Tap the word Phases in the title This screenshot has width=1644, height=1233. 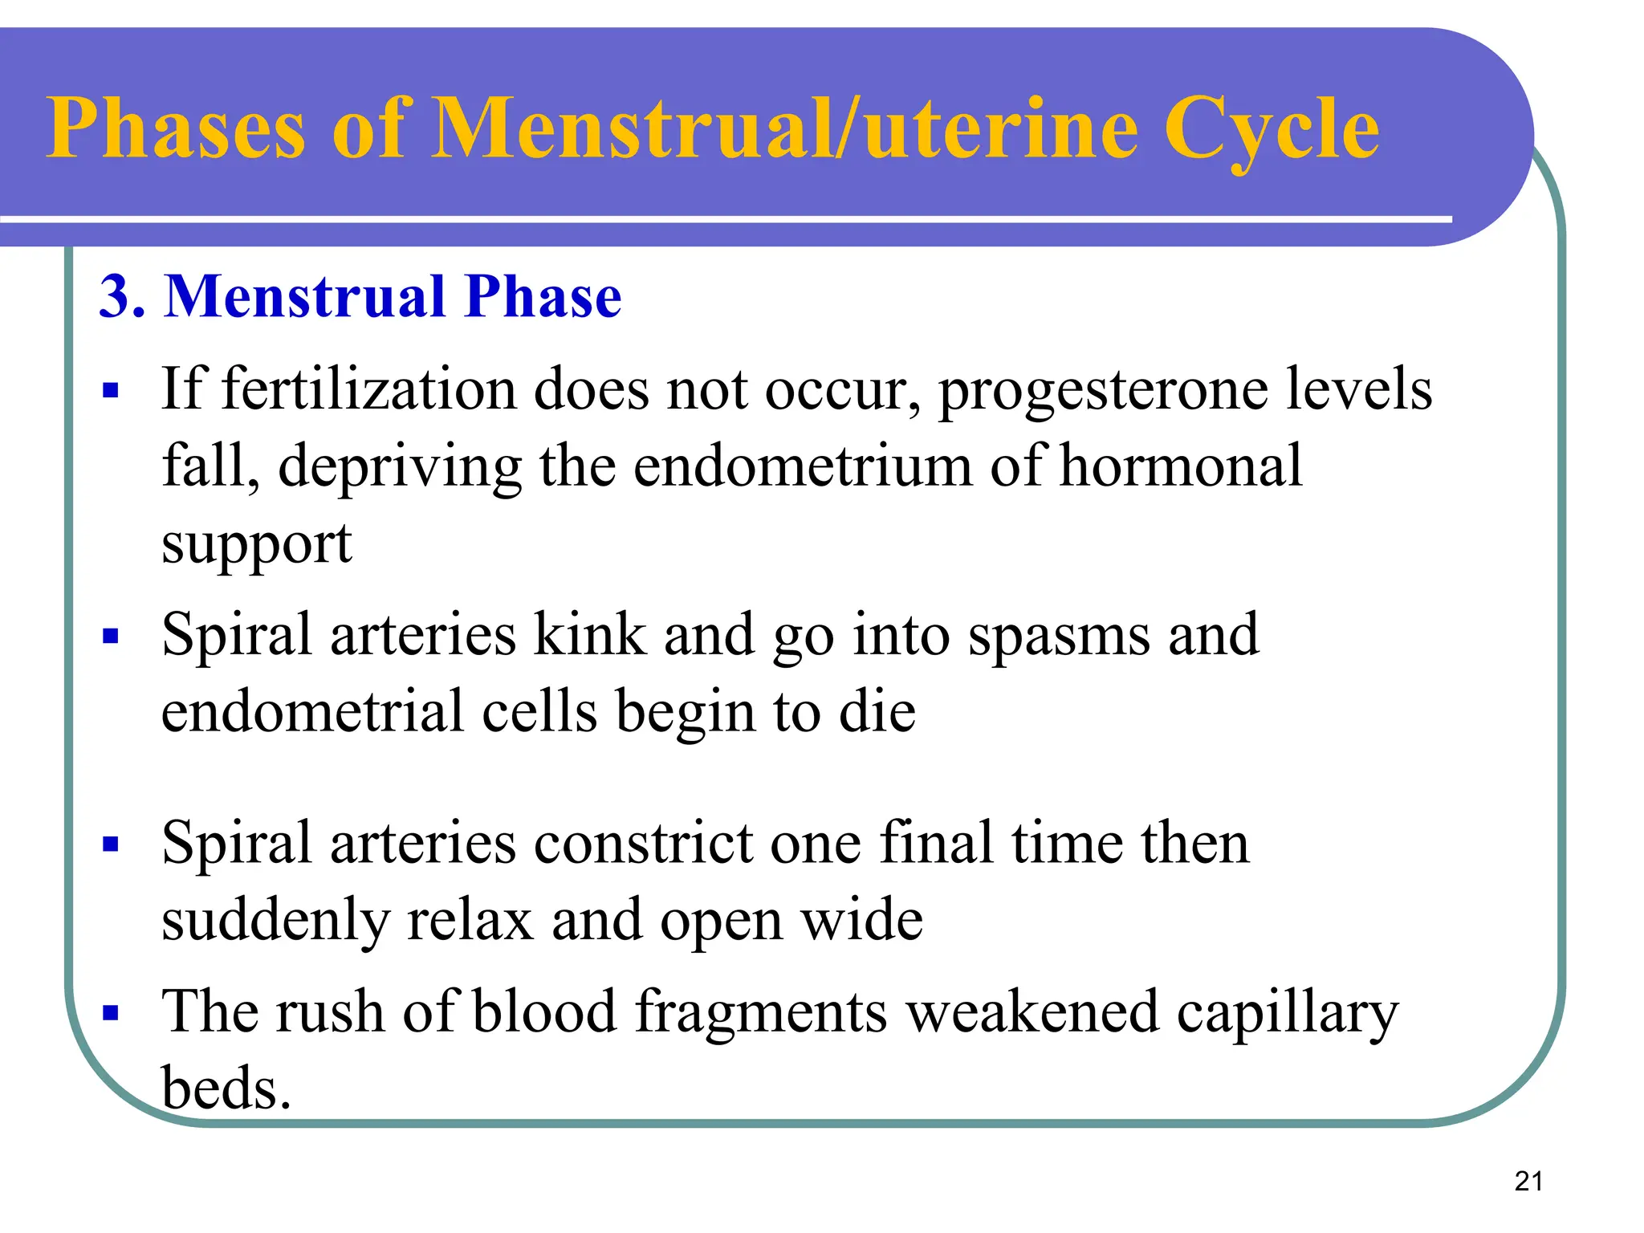point(176,128)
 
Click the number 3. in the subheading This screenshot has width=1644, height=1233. point(122,297)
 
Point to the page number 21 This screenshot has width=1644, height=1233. point(1528,1181)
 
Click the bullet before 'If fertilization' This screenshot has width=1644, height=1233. point(111,392)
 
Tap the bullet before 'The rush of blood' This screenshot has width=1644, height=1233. point(111,1012)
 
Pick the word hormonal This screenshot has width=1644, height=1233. point(1181,466)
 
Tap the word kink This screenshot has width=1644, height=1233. point(589,634)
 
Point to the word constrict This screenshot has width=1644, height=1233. point(642,844)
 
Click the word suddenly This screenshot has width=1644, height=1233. point(275,920)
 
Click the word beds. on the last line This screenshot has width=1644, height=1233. point(226,1089)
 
